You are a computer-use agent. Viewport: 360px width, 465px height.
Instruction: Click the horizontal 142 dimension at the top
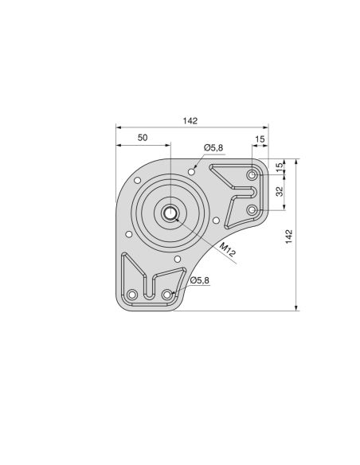pos(190,121)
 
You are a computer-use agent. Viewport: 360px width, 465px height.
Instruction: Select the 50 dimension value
pos(143,138)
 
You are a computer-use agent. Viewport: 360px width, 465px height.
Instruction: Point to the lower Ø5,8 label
pos(199,280)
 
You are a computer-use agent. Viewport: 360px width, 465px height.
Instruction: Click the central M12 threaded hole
pos(170,213)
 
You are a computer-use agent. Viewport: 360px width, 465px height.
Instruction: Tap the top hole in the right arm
pos(252,174)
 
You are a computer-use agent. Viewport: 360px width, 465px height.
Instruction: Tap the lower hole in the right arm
pos(252,209)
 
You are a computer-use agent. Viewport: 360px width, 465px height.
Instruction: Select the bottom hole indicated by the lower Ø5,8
pos(167,295)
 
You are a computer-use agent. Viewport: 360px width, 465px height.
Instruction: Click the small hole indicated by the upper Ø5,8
pos(193,169)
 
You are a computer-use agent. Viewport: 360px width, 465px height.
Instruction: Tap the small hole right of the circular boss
pos(216,220)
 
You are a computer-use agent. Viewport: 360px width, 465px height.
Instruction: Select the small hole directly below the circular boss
pos(177,258)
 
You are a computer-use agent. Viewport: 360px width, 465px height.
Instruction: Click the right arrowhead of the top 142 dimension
pos(267,127)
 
